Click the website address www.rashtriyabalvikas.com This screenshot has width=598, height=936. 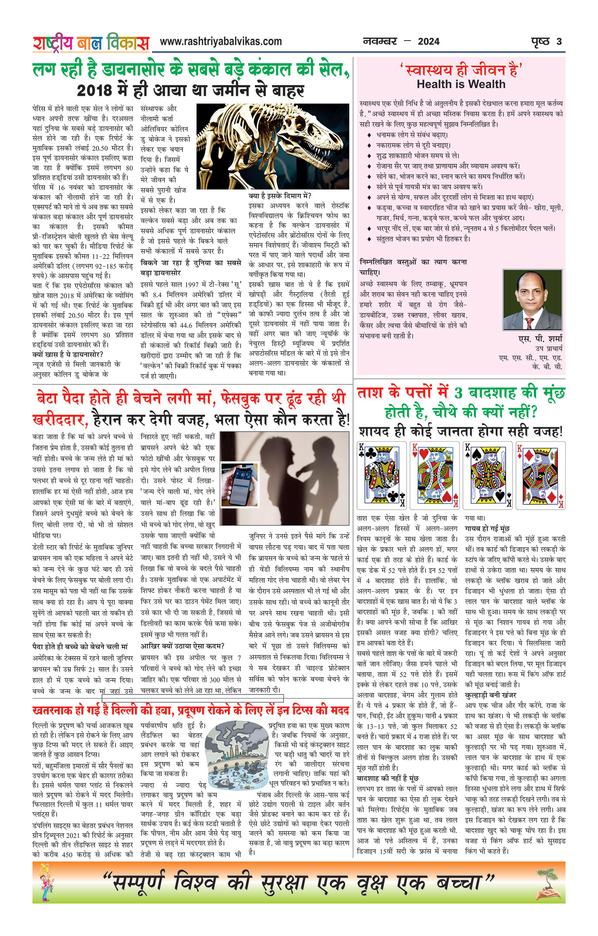[x=221, y=41]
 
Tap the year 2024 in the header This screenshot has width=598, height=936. [x=428, y=42]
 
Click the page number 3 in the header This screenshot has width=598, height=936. [x=559, y=42]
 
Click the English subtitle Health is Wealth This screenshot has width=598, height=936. [x=461, y=84]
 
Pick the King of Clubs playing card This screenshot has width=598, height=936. [x=381, y=475]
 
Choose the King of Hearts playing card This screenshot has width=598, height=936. [x=435, y=475]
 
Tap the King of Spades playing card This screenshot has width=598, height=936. [x=487, y=475]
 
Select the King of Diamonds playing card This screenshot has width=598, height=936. [x=540, y=475]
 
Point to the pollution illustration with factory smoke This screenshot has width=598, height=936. [x=236, y=759]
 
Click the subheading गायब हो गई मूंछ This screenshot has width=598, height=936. [x=487, y=529]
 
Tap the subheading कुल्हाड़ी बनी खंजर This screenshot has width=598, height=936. [x=490, y=695]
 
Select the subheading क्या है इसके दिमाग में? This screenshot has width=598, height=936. [x=279, y=196]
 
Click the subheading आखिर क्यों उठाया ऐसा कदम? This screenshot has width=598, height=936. [x=182, y=646]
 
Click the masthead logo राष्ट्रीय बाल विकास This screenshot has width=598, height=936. [x=91, y=43]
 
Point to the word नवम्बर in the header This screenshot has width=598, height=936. [x=380, y=42]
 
